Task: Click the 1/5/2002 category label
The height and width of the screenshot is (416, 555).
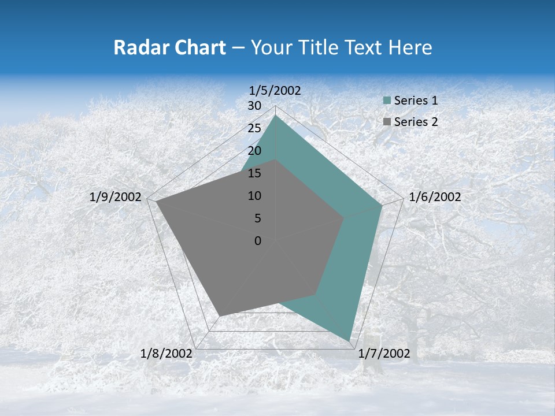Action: pyautogui.click(x=275, y=90)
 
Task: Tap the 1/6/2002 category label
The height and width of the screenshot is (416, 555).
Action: pyautogui.click(x=435, y=197)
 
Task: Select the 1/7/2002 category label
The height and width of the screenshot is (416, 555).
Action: pyautogui.click(x=384, y=354)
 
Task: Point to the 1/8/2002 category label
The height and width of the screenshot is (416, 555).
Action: pyautogui.click(x=166, y=354)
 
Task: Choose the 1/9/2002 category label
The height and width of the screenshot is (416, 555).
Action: pyautogui.click(x=116, y=197)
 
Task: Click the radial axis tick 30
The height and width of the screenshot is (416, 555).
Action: pyautogui.click(x=254, y=106)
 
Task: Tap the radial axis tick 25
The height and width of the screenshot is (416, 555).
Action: pyautogui.click(x=254, y=128)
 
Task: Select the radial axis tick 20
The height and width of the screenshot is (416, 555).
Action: pyautogui.click(x=254, y=151)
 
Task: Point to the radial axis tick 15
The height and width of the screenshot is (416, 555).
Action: pyautogui.click(x=254, y=173)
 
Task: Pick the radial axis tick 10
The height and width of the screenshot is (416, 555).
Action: pyautogui.click(x=254, y=196)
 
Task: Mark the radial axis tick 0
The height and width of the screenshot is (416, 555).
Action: pyautogui.click(x=258, y=241)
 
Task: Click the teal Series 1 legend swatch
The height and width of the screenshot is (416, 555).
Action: pyautogui.click(x=387, y=101)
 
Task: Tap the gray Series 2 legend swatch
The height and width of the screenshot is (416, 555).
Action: pyautogui.click(x=387, y=122)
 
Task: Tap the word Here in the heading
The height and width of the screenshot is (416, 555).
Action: pyautogui.click(x=410, y=47)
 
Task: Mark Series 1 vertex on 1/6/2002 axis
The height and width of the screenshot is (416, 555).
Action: pyautogui.click(x=382, y=205)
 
